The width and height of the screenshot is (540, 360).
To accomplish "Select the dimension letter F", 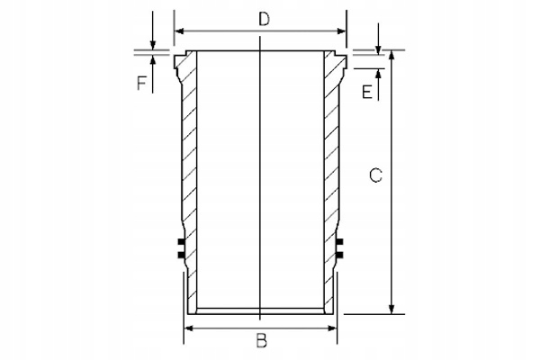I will tap(141, 85).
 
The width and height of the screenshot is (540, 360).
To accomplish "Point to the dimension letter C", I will tap(376, 177).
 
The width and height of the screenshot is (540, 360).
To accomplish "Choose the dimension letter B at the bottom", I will tap(261, 342).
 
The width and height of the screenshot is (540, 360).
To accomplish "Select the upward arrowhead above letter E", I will tap(378, 72).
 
